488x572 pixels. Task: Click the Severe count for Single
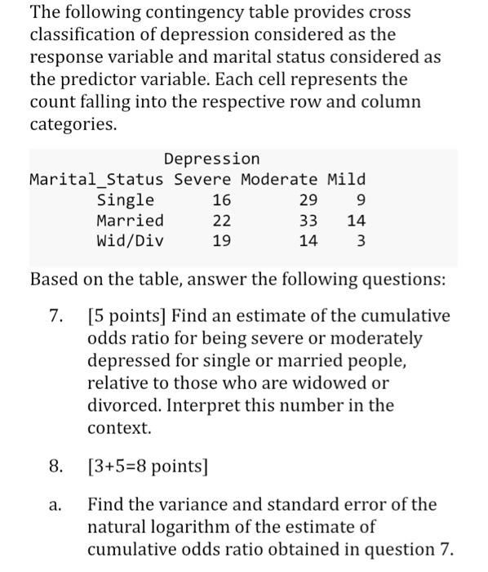tap(221, 201)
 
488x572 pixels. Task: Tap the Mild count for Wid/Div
tap(361, 242)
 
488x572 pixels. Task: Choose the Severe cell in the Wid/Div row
tap(221, 242)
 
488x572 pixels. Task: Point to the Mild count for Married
tap(356, 221)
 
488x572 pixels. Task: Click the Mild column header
tap(346, 180)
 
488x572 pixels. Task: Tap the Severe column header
tap(202, 180)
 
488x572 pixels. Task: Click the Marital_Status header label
tap(96, 180)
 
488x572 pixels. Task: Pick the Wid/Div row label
tap(130, 242)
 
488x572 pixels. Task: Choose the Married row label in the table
tap(130, 221)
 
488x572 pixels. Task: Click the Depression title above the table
tap(211, 159)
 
